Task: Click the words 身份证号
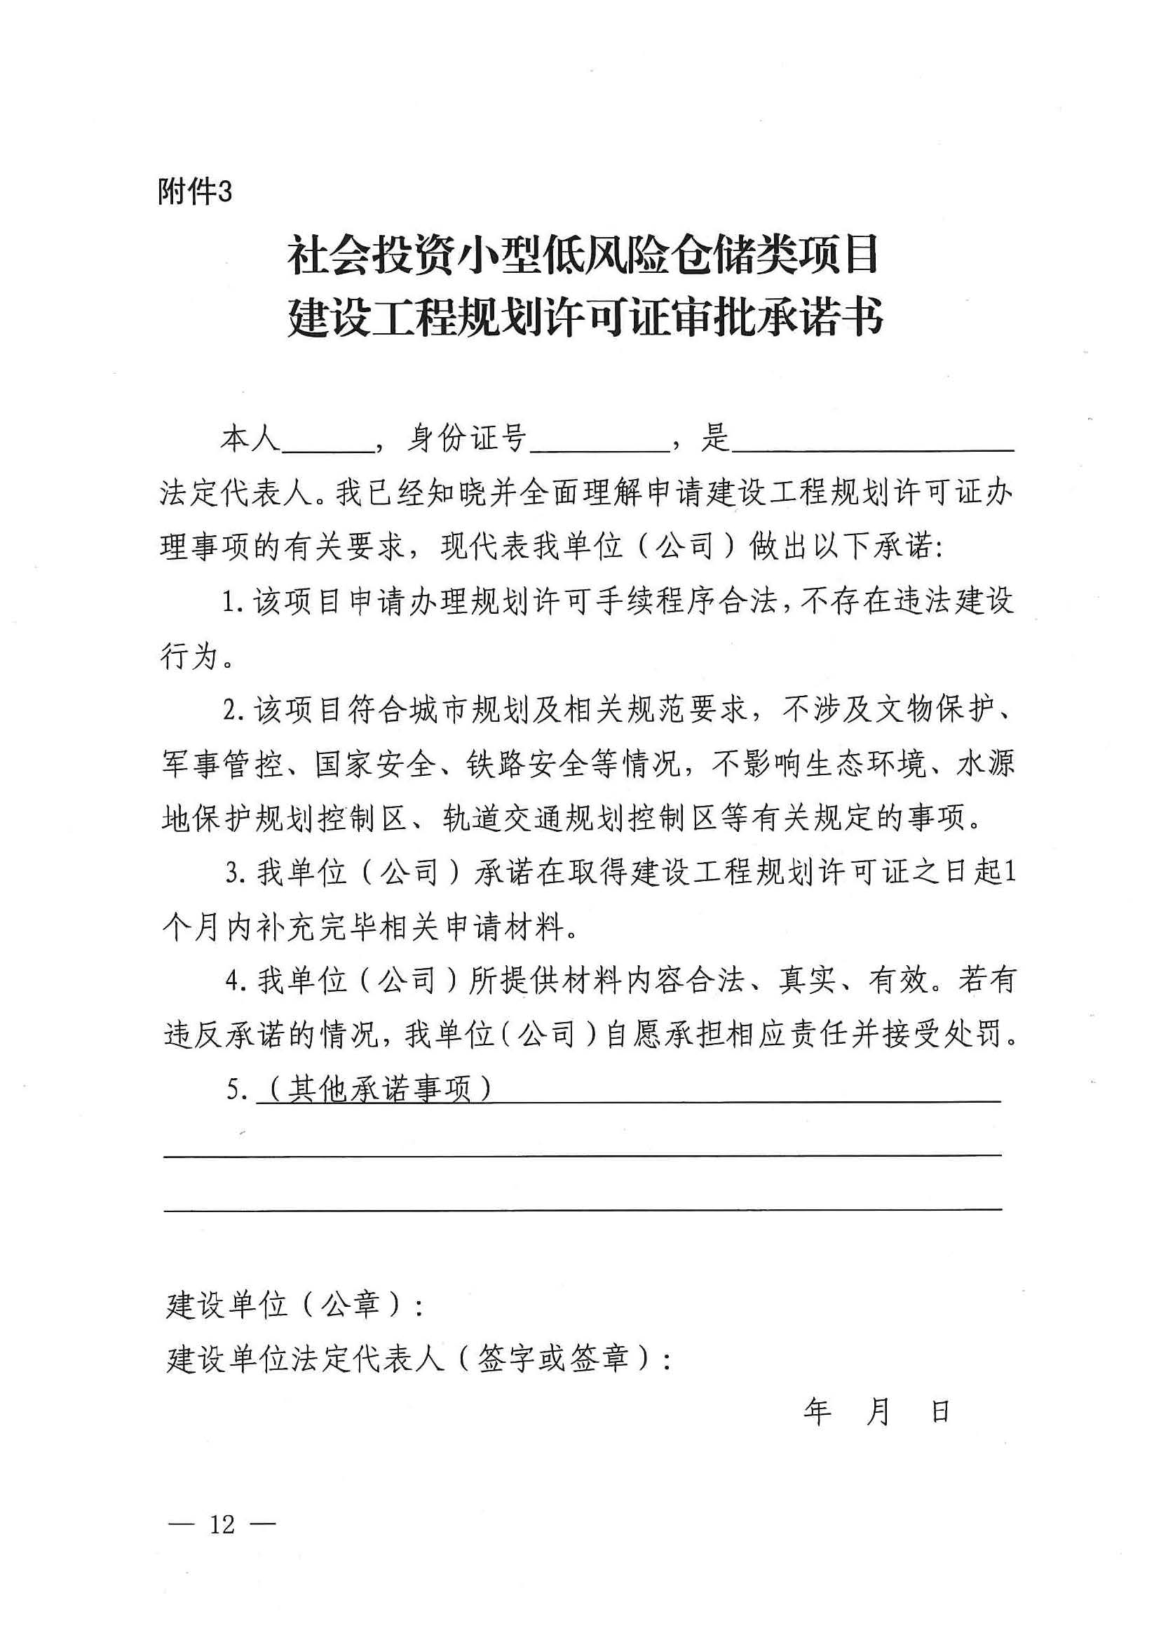(466, 438)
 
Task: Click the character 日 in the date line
(940, 1411)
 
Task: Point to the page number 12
(222, 1524)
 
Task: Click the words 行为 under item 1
(189, 656)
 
